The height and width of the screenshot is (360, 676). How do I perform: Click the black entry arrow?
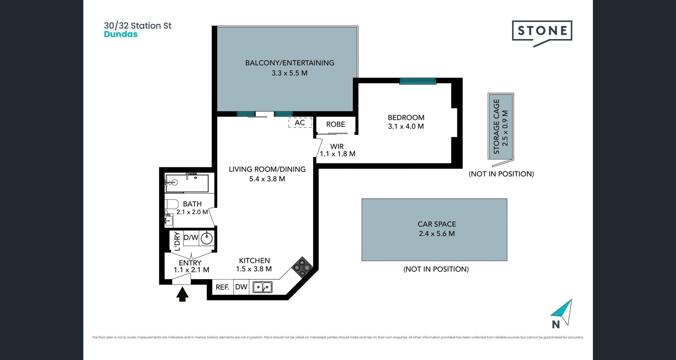click(x=182, y=295)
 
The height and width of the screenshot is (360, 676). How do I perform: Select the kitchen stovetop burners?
click(x=302, y=267)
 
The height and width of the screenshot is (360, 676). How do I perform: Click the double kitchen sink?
click(x=263, y=287)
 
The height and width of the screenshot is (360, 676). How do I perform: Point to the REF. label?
click(x=223, y=287)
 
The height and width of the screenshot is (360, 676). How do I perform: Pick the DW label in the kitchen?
click(x=241, y=287)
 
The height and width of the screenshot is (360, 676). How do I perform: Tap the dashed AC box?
click(x=300, y=122)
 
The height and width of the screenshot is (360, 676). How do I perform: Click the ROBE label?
click(x=336, y=124)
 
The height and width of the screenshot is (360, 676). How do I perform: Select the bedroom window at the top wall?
click(x=418, y=81)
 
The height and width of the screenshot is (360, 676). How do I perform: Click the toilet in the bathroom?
click(x=172, y=204)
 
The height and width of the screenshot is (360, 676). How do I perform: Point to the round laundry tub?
click(x=207, y=238)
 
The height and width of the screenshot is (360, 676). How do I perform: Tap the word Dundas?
click(x=121, y=34)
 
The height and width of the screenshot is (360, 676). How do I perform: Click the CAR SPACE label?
click(x=437, y=224)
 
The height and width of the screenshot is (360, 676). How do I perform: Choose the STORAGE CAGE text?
click(x=496, y=127)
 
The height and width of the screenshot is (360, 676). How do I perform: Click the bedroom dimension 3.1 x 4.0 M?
click(x=406, y=126)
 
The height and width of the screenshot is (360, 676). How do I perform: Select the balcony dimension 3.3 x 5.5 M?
click(x=289, y=73)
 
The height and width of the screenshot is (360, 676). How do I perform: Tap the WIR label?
click(x=337, y=146)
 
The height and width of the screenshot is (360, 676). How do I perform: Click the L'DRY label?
click(x=177, y=241)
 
